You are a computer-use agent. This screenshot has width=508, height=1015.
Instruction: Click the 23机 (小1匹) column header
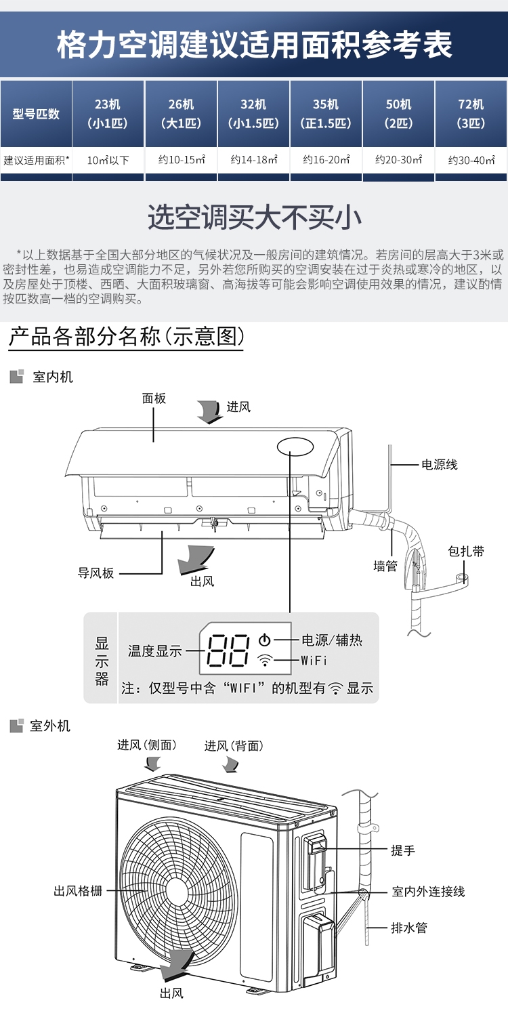click(x=108, y=114)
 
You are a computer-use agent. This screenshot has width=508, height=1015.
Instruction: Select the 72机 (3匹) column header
click(x=471, y=114)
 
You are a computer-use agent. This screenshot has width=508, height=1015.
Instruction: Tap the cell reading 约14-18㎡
click(x=254, y=160)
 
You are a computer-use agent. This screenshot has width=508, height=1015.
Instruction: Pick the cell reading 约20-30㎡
click(x=399, y=160)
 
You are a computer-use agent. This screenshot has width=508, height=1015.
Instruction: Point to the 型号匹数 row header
click(x=36, y=114)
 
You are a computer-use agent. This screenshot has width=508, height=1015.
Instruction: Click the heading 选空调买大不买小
click(x=254, y=217)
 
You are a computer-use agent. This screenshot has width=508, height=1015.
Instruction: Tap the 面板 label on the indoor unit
click(x=154, y=398)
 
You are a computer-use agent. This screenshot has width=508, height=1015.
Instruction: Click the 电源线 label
click(x=439, y=464)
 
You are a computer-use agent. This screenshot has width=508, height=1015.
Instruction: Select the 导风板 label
click(x=96, y=573)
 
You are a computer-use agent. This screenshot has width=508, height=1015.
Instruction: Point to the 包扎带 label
click(x=466, y=551)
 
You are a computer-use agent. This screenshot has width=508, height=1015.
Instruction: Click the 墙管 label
click(x=385, y=566)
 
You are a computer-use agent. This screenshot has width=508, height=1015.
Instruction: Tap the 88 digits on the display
click(x=228, y=650)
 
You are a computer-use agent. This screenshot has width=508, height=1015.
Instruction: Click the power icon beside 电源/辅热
click(x=265, y=640)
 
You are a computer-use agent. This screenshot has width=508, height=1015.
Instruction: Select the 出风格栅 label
click(x=78, y=891)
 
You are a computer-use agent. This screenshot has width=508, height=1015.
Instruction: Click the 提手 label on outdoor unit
click(x=403, y=850)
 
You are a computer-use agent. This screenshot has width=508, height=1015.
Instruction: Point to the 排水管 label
click(x=409, y=928)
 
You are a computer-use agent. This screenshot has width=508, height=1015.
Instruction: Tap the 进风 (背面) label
click(x=234, y=746)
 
